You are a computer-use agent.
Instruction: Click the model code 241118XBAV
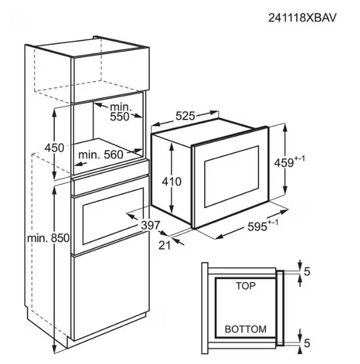tap(302, 18)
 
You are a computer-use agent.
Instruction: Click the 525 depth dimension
tap(185, 116)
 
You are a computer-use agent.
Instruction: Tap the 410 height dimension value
tap(172, 181)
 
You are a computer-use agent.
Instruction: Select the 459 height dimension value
tap(284, 163)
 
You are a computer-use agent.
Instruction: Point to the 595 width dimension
tap(257, 226)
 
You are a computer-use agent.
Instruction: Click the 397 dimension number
tap(151, 225)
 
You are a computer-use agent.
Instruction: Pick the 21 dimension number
tap(165, 245)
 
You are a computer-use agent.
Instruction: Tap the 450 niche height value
tap(54, 147)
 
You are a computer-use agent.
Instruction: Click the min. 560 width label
tap(101, 155)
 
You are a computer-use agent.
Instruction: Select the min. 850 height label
tap(49, 238)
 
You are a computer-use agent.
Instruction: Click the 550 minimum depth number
tap(120, 116)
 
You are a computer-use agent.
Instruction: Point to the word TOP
tap(246, 286)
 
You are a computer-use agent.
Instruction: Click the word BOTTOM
tap(245, 329)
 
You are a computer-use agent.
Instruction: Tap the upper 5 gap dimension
tap(307, 271)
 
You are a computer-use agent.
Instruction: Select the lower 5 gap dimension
tap(307, 343)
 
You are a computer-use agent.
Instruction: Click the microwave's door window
tap(231, 177)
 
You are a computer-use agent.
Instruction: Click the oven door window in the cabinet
tap(113, 216)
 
